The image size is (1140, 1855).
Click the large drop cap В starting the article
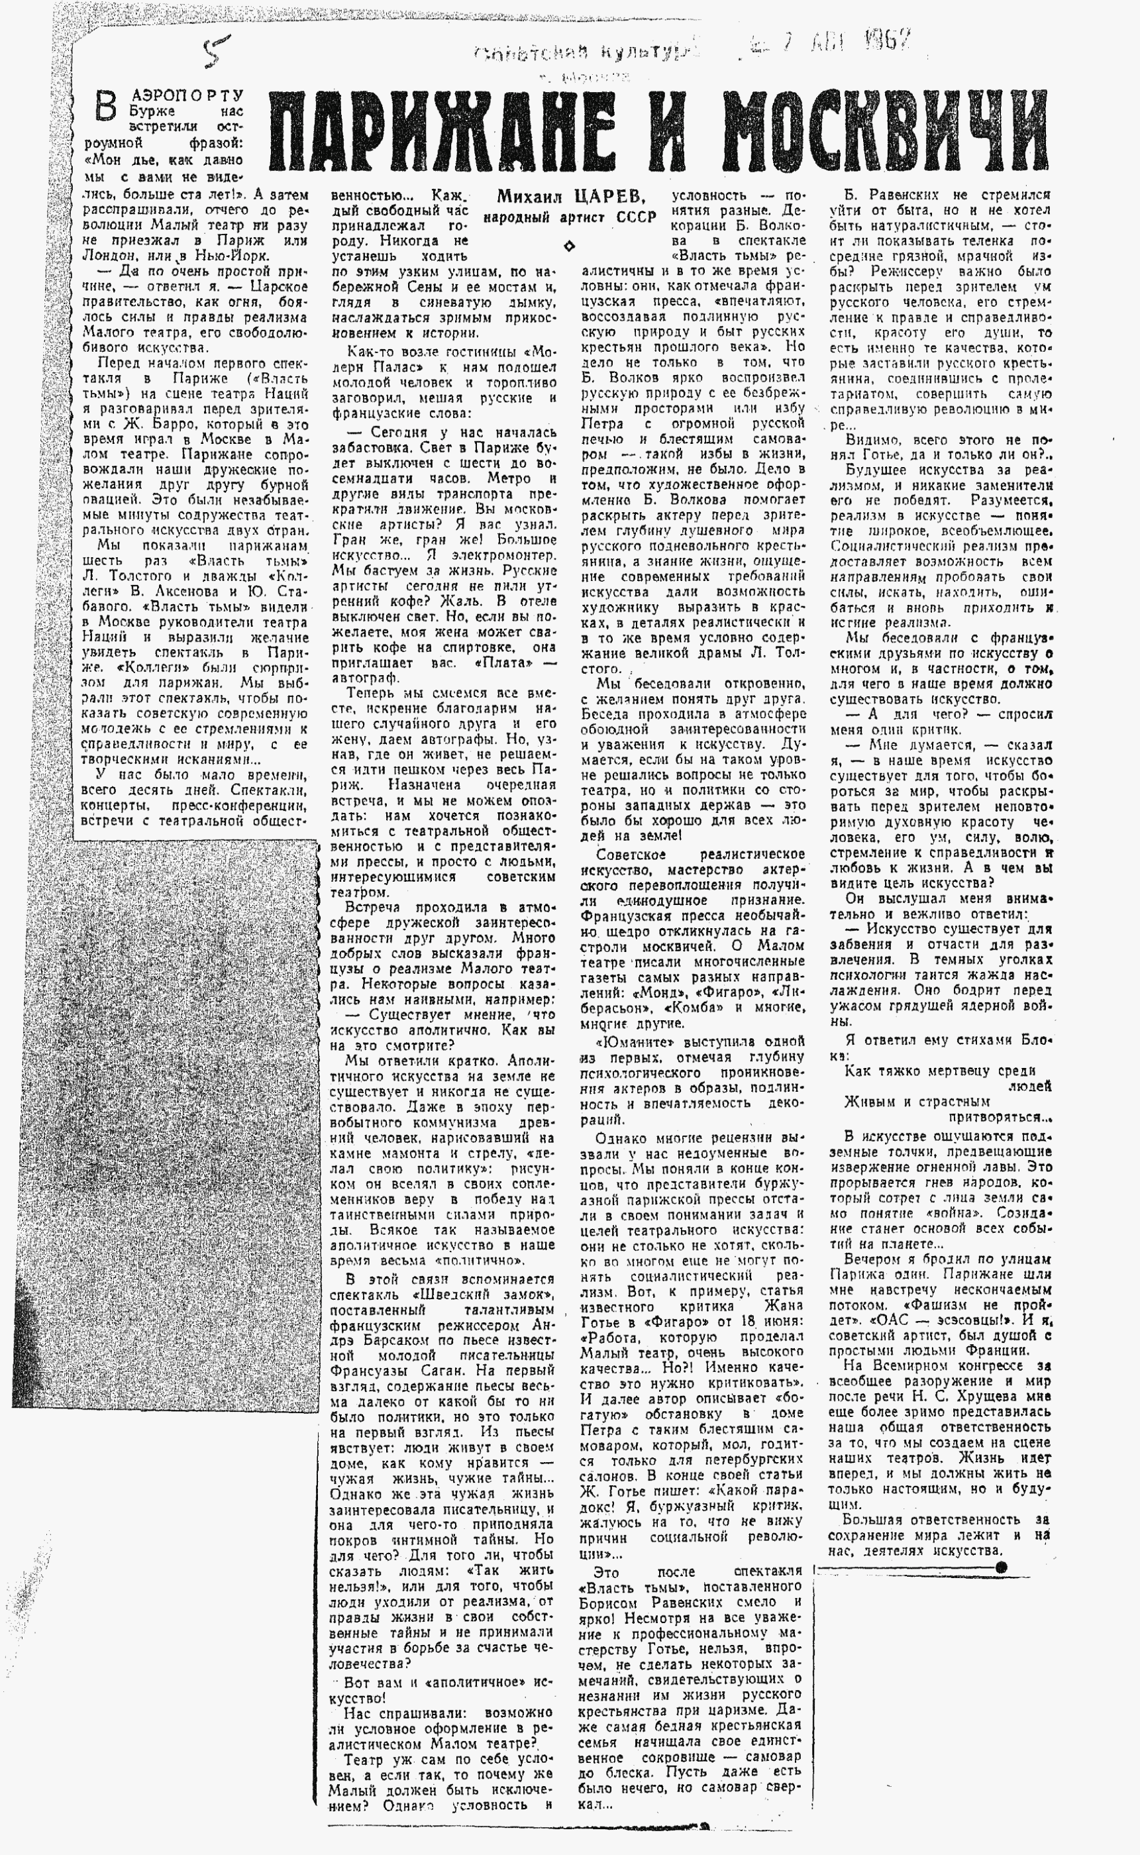pyautogui.click(x=109, y=105)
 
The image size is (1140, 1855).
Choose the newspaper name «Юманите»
pyautogui.click(x=629, y=1041)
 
